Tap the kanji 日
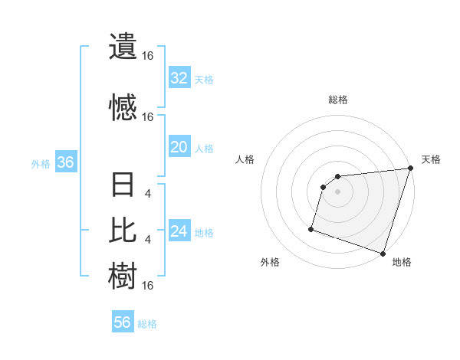point(122,187)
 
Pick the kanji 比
point(122,230)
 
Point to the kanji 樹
point(122,274)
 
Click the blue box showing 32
point(179,78)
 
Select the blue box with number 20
point(179,147)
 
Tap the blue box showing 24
point(179,231)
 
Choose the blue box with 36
point(65,162)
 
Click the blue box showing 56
point(123,322)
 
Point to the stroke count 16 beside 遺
point(148,56)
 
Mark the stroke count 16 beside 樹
point(148,286)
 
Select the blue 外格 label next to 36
point(41,163)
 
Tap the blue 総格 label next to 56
point(147,324)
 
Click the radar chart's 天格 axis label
point(431,159)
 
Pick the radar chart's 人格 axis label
point(245,159)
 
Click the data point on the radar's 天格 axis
point(410,169)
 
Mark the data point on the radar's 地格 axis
point(383,253)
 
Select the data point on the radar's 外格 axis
point(311,228)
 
